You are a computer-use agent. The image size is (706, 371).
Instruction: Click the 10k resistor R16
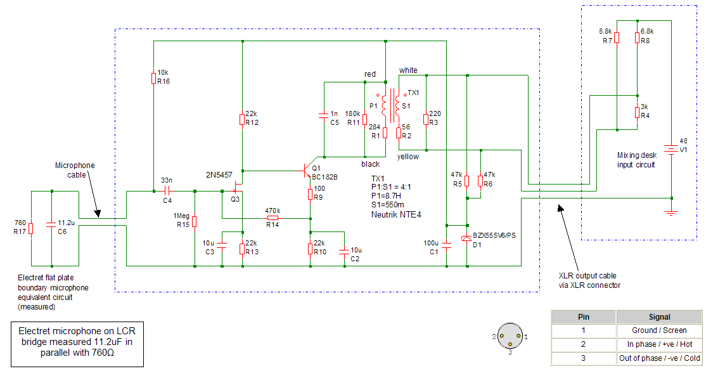(x=153, y=77)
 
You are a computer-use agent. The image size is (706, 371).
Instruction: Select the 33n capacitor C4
(x=167, y=190)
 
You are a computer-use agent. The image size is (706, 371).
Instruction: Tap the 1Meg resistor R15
(x=195, y=221)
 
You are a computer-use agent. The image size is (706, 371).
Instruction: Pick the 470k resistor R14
(x=273, y=218)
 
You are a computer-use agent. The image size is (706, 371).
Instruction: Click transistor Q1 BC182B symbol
(x=307, y=171)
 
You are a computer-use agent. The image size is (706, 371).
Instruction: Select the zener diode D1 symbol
(x=467, y=237)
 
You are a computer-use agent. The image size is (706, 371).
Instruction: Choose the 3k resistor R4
(x=637, y=112)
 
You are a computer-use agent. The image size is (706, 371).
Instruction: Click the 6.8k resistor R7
(x=617, y=37)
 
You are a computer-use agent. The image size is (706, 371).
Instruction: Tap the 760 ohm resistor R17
(x=31, y=227)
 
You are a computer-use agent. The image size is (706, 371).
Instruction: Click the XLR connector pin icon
(x=510, y=337)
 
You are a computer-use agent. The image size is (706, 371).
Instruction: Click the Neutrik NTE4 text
(x=396, y=214)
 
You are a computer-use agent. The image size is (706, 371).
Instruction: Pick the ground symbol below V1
(x=671, y=212)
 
